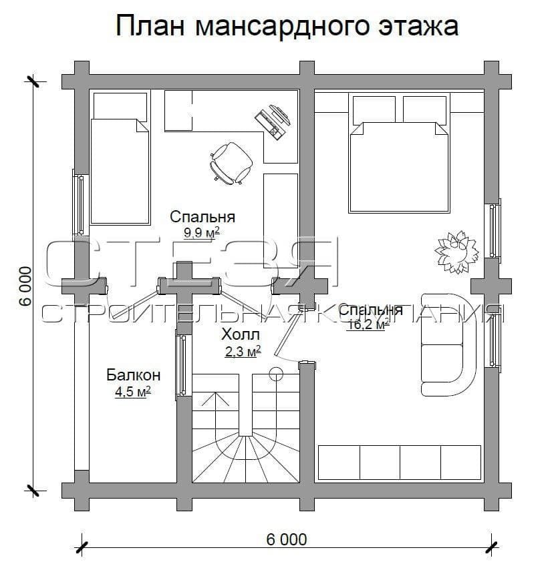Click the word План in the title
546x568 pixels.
150,26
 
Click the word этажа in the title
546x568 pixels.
418,27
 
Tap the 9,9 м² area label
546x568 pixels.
202,232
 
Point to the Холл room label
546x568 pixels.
241,334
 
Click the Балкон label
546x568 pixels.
134,375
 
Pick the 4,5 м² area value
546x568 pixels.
133,392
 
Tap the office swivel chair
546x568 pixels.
231,162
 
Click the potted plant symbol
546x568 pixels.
456,252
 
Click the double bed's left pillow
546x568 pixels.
374,109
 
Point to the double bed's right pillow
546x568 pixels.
424,109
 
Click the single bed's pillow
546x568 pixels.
120,107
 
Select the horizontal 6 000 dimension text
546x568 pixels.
286,540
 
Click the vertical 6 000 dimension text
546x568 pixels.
25,286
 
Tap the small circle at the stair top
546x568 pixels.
276,373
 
